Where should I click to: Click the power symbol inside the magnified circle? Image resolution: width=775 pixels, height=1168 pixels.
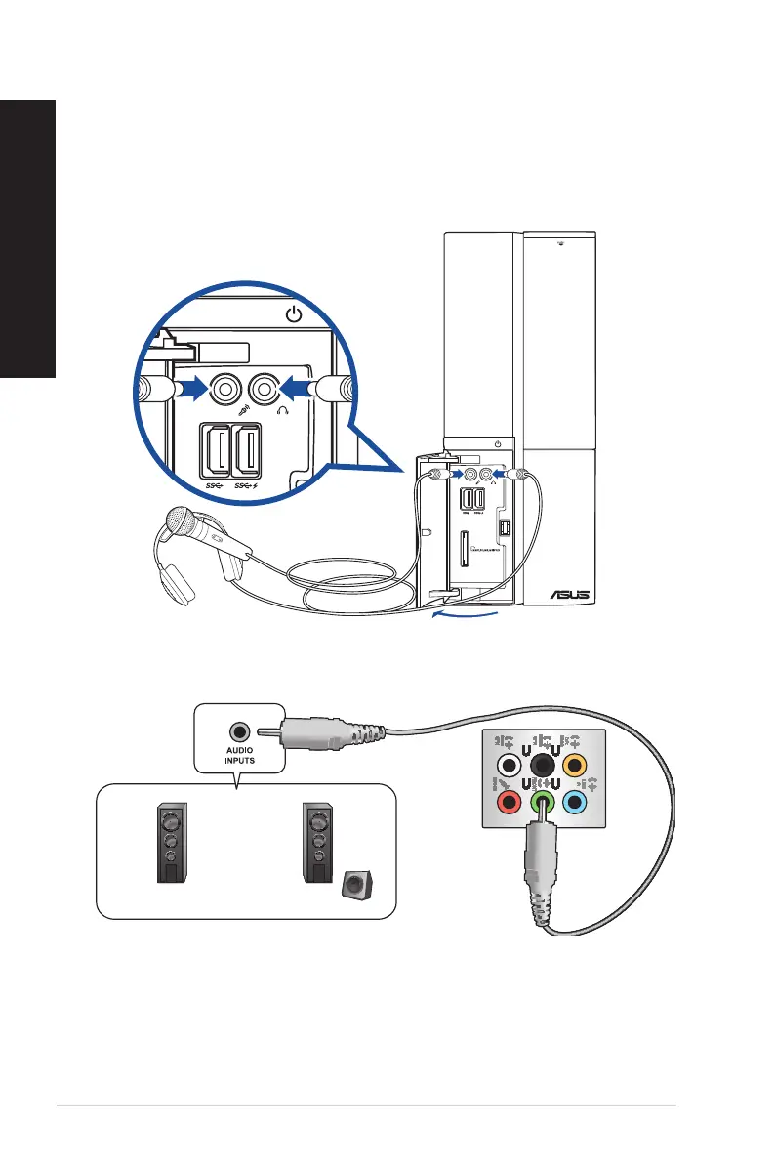click(x=294, y=314)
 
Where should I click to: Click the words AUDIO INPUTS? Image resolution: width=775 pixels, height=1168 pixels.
click(x=238, y=758)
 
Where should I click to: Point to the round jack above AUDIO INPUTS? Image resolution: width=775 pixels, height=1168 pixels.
click(x=238, y=730)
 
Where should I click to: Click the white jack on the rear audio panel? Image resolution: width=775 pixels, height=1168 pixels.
click(x=508, y=765)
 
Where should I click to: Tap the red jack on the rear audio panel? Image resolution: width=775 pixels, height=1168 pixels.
click(x=508, y=803)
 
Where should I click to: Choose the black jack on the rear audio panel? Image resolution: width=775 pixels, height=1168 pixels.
click(x=543, y=750)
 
